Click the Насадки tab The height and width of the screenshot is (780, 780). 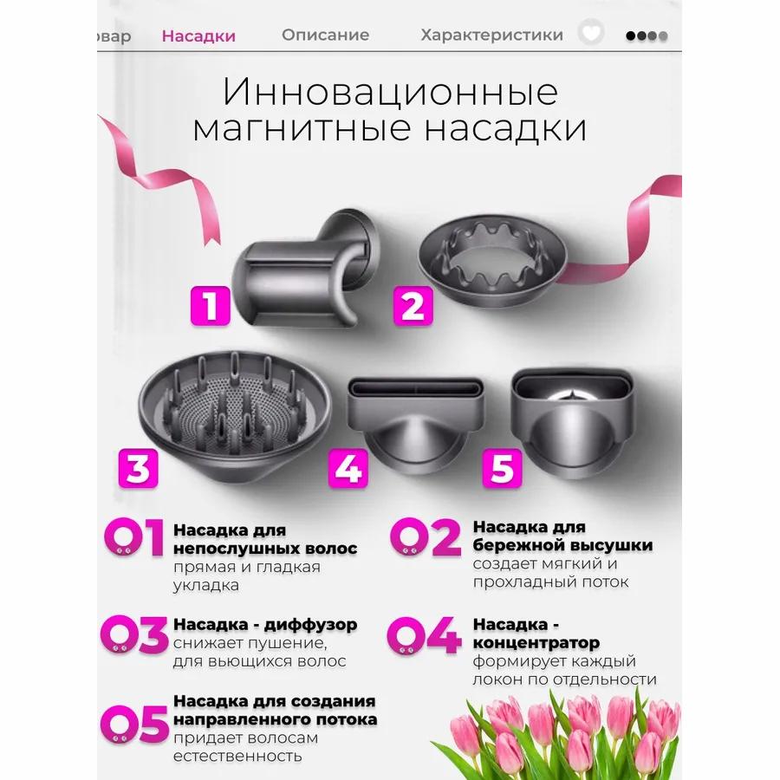pos(198,36)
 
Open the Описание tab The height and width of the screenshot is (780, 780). pos(325,36)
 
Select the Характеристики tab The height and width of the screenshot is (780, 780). pos(491,36)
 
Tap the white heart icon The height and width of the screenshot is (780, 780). pos(591,35)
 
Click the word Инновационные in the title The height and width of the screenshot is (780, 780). pos(390,92)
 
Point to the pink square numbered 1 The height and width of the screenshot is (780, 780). pos(211,305)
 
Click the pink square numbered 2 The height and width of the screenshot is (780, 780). pos(413,305)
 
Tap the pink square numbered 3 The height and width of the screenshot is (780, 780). pos(138,468)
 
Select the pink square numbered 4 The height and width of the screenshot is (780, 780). pos(348,468)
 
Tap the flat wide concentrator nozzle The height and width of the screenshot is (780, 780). pos(415,416)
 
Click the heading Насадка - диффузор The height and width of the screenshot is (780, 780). pos(265,625)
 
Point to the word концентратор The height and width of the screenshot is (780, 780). pos(536,643)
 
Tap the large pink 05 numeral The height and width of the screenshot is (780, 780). pos(134,725)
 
